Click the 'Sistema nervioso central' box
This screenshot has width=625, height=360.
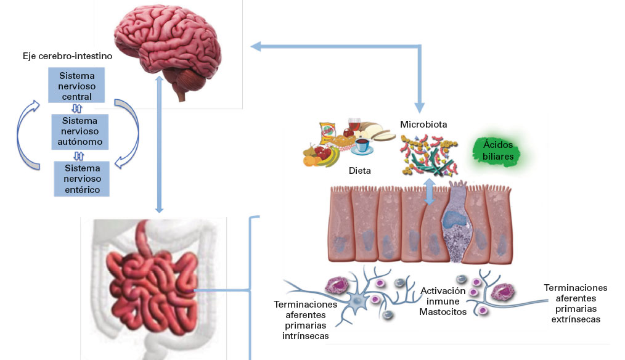pyautogui.click(x=77, y=86)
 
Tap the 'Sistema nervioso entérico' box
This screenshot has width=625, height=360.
pyautogui.click(x=81, y=179)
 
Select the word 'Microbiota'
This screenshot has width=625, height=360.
pyautogui.click(x=423, y=125)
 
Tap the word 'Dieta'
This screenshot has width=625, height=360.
pyautogui.click(x=360, y=170)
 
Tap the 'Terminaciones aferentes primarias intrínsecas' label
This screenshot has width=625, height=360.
pyautogui.click(x=305, y=320)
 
